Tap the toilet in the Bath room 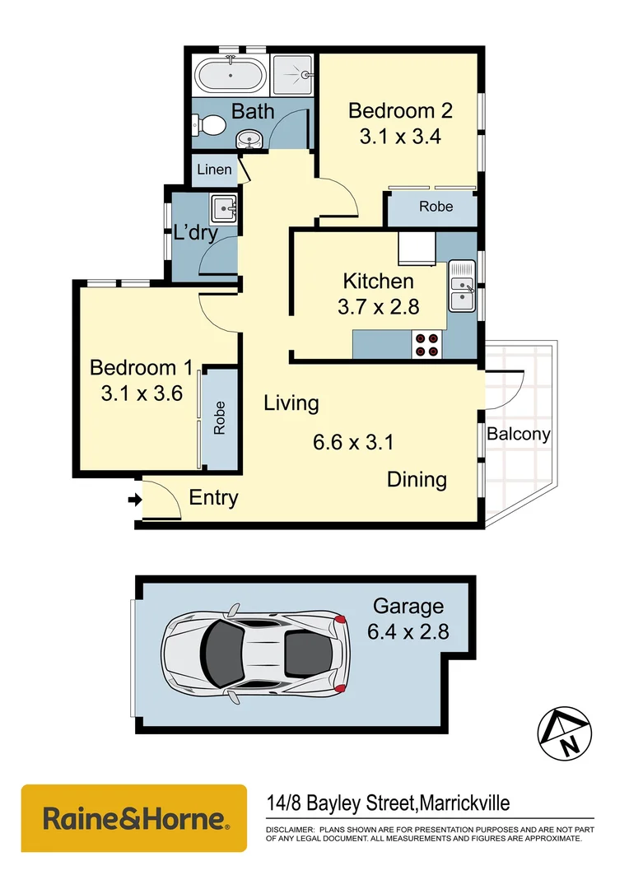tap(212, 126)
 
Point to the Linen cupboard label tap(213, 170)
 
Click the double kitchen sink tap(462, 286)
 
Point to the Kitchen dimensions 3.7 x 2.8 tap(379, 307)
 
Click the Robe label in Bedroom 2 tap(436, 207)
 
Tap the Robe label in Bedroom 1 tap(220, 418)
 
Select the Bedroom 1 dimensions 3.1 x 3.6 tap(141, 393)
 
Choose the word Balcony tap(518, 434)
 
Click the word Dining tap(417, 479)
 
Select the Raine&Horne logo tap(133, 818)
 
